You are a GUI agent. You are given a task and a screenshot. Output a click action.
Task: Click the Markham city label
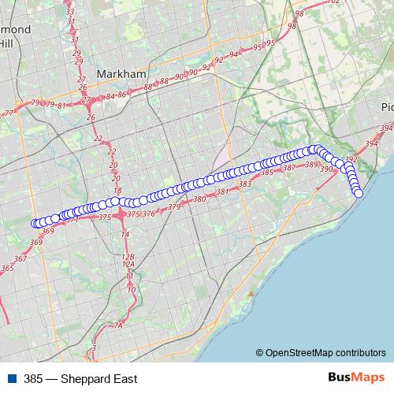(121, 73)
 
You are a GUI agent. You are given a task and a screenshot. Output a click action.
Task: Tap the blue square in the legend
(13, 379)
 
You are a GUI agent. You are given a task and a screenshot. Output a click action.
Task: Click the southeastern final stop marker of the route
(359, 193)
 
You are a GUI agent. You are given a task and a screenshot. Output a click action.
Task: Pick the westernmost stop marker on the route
(35, 223)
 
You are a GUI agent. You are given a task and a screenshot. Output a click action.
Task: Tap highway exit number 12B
(128, 257)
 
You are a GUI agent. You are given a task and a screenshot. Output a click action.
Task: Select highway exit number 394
(385, 128)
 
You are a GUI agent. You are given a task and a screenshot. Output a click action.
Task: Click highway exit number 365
(7, 269)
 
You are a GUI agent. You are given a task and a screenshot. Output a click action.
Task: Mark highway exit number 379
(174, 207)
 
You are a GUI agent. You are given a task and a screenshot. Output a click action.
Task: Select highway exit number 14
(125, 234)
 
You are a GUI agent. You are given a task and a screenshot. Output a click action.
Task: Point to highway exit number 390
(326, 169)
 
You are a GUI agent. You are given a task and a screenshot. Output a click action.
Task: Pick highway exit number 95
(270, 43)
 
